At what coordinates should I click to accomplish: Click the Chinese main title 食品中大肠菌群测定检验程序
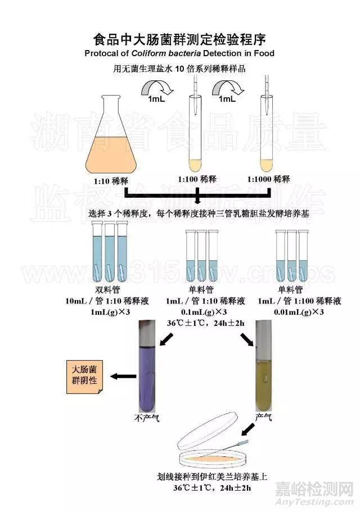pyautogui.click(x=179, y=40)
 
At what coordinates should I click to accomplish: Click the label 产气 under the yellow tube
pyautogui.click(x=264, y=418)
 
